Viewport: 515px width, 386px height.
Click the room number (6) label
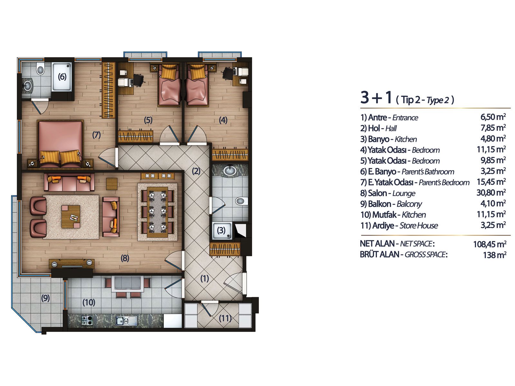point(62,77)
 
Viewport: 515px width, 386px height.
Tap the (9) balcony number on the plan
point(45,298)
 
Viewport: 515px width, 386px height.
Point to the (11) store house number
point(225,318)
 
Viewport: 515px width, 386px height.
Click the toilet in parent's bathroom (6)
point(41,69)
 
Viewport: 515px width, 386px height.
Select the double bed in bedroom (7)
point(61,144)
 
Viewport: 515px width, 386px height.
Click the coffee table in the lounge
point(71,216)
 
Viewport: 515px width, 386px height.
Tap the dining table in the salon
point(157,212)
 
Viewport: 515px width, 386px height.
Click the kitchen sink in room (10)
point(126,321)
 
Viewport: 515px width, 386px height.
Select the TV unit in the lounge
point(71,264)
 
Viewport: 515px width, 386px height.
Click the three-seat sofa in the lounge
point(69,182)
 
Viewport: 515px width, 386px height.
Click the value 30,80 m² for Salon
point(491,193)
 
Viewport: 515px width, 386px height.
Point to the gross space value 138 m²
point(495,255)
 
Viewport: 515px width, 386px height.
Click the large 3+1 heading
point(376,97)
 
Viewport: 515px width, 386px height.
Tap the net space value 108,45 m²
point(490,244)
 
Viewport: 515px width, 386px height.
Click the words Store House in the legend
point(418,225)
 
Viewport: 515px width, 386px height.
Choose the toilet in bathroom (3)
point(241,201)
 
